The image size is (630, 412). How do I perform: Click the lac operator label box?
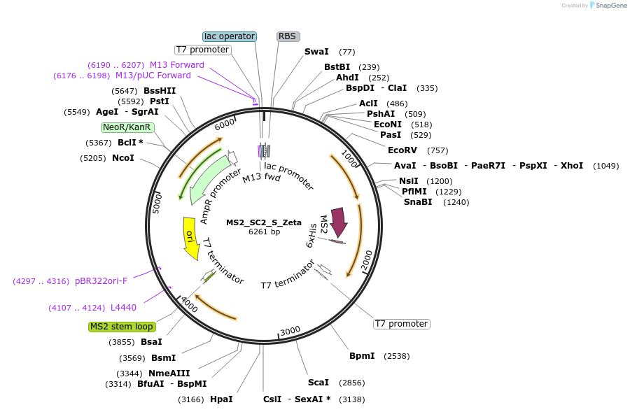tap(230, 36)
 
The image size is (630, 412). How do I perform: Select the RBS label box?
tap(287, 36)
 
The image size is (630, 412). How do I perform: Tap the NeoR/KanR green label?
tap(126, 127)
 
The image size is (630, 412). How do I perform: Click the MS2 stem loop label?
tap(122, 327)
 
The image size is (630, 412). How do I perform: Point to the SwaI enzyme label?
tap(316, 52)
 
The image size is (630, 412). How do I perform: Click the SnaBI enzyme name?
tap(418, 202)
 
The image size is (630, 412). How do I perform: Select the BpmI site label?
tap(363, 356)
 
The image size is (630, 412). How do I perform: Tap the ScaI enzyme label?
tap(318, 383)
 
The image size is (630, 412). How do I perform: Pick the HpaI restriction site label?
tap(221, 399)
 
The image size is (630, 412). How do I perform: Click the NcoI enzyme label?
tap(123, 158)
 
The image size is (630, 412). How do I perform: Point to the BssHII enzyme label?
tap(160, 91)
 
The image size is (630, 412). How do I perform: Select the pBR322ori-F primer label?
tap(101, 281)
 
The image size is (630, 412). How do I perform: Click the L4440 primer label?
tap(123, 308)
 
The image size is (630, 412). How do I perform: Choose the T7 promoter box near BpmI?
tap(401, 324)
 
